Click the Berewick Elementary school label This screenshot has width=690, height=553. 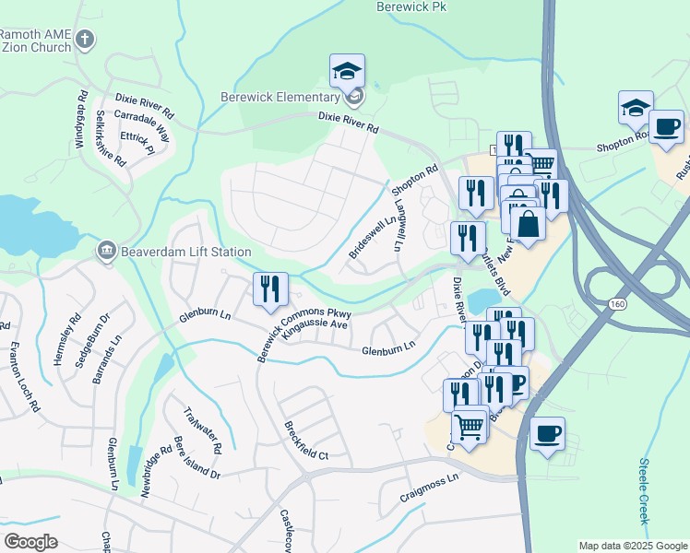pos(280,98)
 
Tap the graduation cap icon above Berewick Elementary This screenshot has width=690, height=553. pos(347,71)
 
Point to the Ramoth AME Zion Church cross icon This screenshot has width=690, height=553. pos(85,40)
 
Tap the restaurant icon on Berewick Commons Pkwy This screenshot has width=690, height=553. pos(270,289)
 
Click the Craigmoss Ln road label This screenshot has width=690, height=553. pos(429,486)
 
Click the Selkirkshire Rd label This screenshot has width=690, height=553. pos(111,138)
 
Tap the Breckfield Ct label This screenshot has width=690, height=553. pos(306,441)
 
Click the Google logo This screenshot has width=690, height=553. pos(30,542)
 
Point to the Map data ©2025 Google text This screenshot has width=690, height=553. pos(632,546)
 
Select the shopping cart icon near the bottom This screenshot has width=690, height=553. pos(470,428)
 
